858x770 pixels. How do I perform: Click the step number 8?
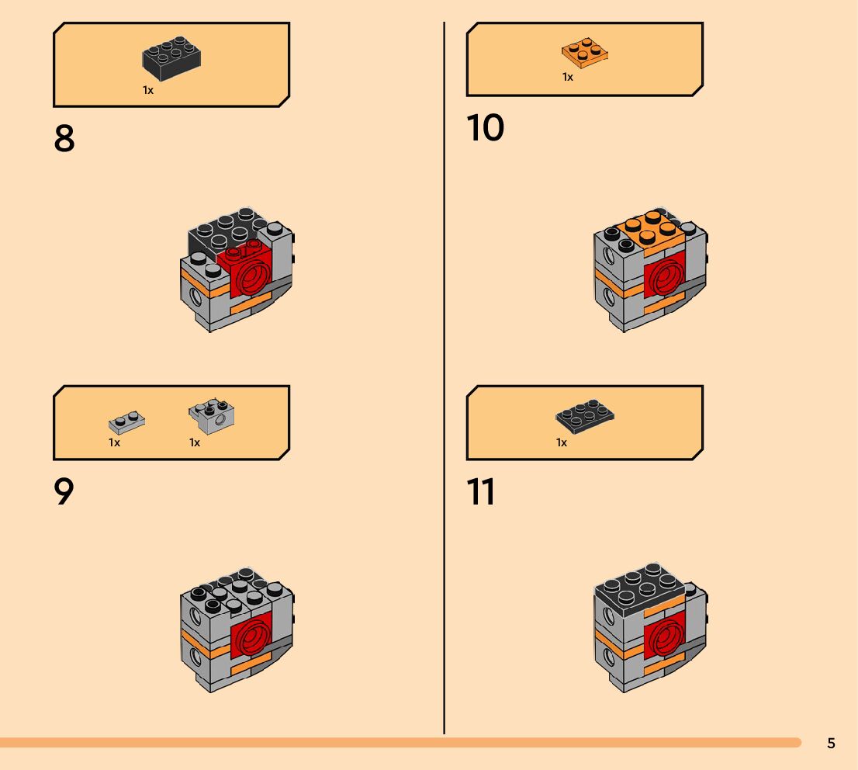[x=64, y=139]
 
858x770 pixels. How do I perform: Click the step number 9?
[x=64, y=492]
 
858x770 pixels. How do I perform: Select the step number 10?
[x=486, y=128]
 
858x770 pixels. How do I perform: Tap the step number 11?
[x=481, y=492]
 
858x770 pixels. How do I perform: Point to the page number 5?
[x=831, y=744]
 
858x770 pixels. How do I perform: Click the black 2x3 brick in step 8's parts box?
[x=172, y=59]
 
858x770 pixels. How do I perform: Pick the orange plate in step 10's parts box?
[x=584, y=52]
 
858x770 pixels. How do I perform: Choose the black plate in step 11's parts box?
[x=586, y=416]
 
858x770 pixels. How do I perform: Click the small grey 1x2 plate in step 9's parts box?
[x=126, y=422]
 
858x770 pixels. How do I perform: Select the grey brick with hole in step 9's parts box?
[x=213, y=417]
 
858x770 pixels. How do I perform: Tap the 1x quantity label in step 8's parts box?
[x=148, y=90]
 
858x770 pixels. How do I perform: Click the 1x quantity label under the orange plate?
[x=568, y=77]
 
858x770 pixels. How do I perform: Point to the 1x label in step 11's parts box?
[x=562, y=442]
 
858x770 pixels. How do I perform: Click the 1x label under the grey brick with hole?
[x=195, y=442]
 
